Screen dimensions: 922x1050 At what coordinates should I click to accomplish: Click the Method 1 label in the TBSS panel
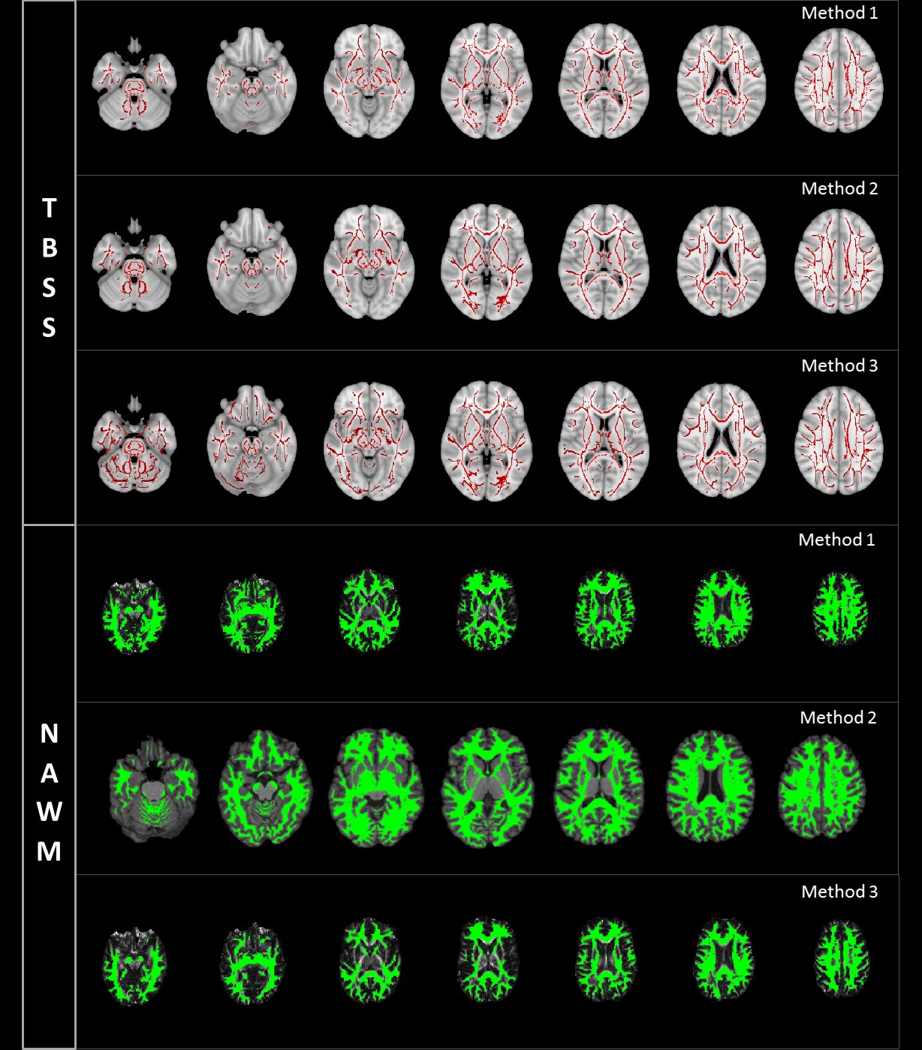(x=839, y=14)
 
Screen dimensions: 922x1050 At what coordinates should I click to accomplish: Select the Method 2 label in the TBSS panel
(x=839, y=189)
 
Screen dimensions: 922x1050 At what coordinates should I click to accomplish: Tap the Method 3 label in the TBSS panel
(x=839, y=366)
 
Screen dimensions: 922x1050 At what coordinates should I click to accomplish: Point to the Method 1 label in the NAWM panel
(x=836, y=540)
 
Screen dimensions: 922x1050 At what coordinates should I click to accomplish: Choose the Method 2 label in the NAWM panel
(x=838, y=718)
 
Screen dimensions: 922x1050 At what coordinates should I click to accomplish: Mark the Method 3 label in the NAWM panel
(x=839, y=892)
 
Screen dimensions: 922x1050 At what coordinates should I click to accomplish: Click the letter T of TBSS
(x=49, y=209)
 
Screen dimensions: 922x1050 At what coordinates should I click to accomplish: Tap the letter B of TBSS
(x=49, y=248)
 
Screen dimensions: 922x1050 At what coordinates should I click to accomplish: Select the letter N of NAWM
(x=49, y=734)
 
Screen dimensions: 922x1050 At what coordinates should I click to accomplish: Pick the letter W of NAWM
(x=49, y=812)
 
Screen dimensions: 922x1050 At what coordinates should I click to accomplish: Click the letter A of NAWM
(x=49, y=773)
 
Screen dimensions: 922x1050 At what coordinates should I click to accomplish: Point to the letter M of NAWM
(x=49, y=852)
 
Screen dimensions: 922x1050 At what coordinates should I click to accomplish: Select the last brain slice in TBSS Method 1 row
(x=839, y=81)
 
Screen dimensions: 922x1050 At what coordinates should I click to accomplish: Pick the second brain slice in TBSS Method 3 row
(x=252, y=441)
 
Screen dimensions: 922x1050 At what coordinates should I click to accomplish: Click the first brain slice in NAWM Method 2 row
(x=153, y=790)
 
